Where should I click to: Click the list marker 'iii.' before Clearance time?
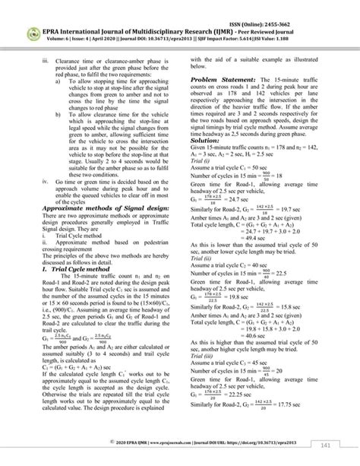coord(46,59)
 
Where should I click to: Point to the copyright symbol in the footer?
coord(112,441)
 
